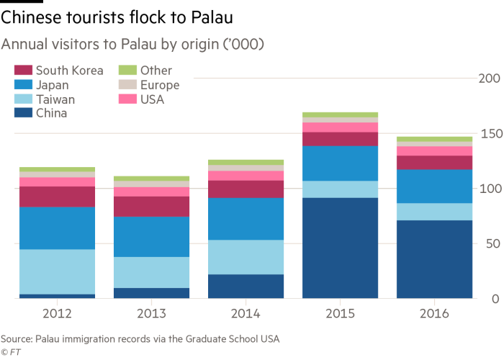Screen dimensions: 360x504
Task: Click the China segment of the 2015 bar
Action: (x=341, y=248)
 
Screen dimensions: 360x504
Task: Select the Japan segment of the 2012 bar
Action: (x=57, y=228)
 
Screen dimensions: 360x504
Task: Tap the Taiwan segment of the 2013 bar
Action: (x=152, y=272)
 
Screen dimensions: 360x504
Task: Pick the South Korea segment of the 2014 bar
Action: (x=246, y=189)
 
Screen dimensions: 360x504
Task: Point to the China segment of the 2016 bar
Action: (x=435, y=258)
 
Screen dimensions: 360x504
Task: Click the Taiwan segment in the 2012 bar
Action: (x=57, y=271)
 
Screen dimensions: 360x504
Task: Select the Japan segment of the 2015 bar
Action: (x=341, y=163)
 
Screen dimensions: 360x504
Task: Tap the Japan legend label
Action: (x=52, y=85)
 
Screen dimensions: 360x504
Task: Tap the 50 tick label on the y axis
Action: (x=493, y=244)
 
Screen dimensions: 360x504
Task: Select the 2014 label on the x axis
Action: (x=246, y=314)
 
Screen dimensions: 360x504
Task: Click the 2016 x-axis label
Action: (x=435, y=314)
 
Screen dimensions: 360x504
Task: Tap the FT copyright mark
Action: (x=10, y=351)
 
